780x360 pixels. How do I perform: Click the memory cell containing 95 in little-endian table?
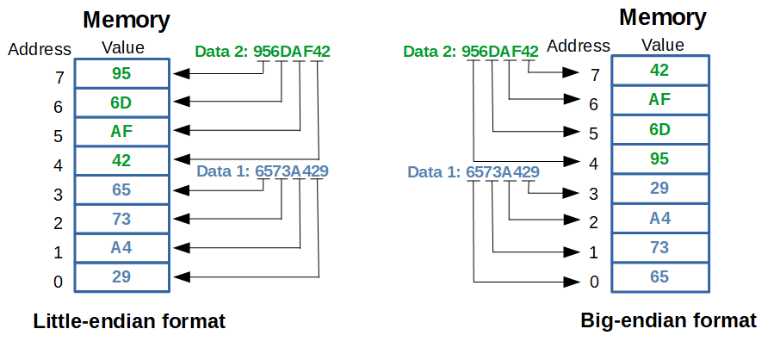click(x=121, y=73)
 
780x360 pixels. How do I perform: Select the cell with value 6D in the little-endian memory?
click(x=121, y=102)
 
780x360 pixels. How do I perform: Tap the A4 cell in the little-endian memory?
click(x=121, y=248)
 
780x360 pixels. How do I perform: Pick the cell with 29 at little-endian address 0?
click(x=121, y=277)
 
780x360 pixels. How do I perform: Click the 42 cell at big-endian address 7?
click(x=659, y=71)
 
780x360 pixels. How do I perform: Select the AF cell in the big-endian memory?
click(x=659, y=100)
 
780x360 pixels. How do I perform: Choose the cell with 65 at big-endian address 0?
click(x=659, y=277)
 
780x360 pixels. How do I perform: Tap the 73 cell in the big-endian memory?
click(x=659, y=248)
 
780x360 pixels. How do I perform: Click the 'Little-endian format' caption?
click(x=129, y=322)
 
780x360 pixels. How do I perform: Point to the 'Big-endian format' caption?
click(x=669, y=321)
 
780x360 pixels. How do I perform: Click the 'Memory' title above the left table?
click(x=126, y=20)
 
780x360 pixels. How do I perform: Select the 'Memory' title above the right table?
click(x=663, y=16)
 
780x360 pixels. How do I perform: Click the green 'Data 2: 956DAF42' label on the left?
click(x=263, y=52)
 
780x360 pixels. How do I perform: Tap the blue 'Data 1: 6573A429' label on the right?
click(x=474, y=172)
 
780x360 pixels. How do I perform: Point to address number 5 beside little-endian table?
click(x=59, y=136)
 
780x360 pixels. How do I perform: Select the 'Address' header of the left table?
click(x=39, y=48)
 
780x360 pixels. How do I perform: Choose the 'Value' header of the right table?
click(x=662, y=45)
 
